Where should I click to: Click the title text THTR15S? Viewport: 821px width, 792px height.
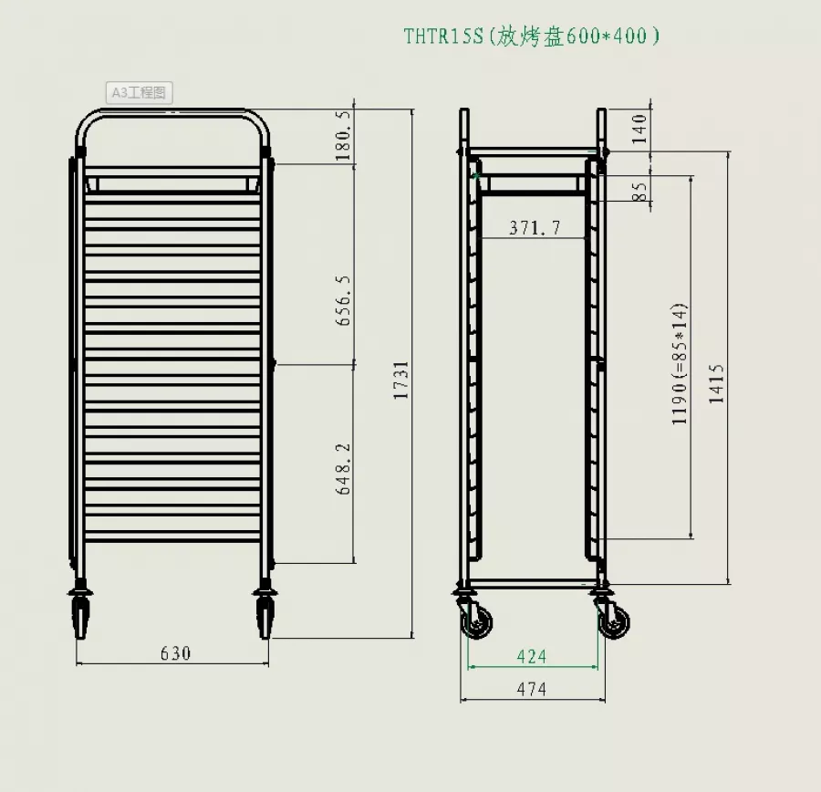click(x=445, y=36)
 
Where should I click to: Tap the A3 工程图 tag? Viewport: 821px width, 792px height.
click(x=138, y=92)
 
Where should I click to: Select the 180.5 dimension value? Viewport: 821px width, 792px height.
click(x=343, y=138)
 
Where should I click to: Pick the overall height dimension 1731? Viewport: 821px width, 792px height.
click(x=401, y=380)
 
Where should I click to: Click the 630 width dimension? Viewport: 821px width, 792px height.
click(x=175, y=653)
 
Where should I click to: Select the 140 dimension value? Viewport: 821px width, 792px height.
click(x=639, y=129)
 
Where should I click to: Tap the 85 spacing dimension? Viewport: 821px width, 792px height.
click(x=639, y=192)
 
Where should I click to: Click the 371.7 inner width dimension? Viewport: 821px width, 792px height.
click(x=535, y=228)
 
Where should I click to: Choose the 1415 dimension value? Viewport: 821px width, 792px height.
click(x=717, y=383)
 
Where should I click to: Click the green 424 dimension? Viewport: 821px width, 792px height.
click(x=531, y=656)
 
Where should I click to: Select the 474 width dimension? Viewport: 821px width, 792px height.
click(x=531, y=690)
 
